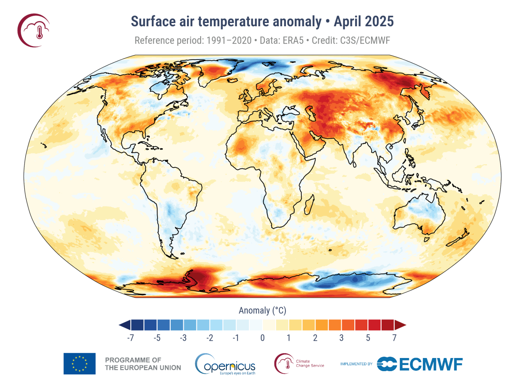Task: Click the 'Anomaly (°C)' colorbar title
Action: (262, 311)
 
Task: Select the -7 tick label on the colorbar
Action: (130, 338)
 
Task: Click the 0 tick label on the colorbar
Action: (262, 338)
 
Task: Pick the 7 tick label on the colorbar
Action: (394, 338)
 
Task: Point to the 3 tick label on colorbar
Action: (341, 338)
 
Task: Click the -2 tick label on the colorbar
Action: (210, 338)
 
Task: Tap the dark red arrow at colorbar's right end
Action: (400, 325)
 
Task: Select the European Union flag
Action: (79, 364)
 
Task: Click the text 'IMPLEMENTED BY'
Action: (356, 364)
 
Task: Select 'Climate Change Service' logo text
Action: (310, 364)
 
